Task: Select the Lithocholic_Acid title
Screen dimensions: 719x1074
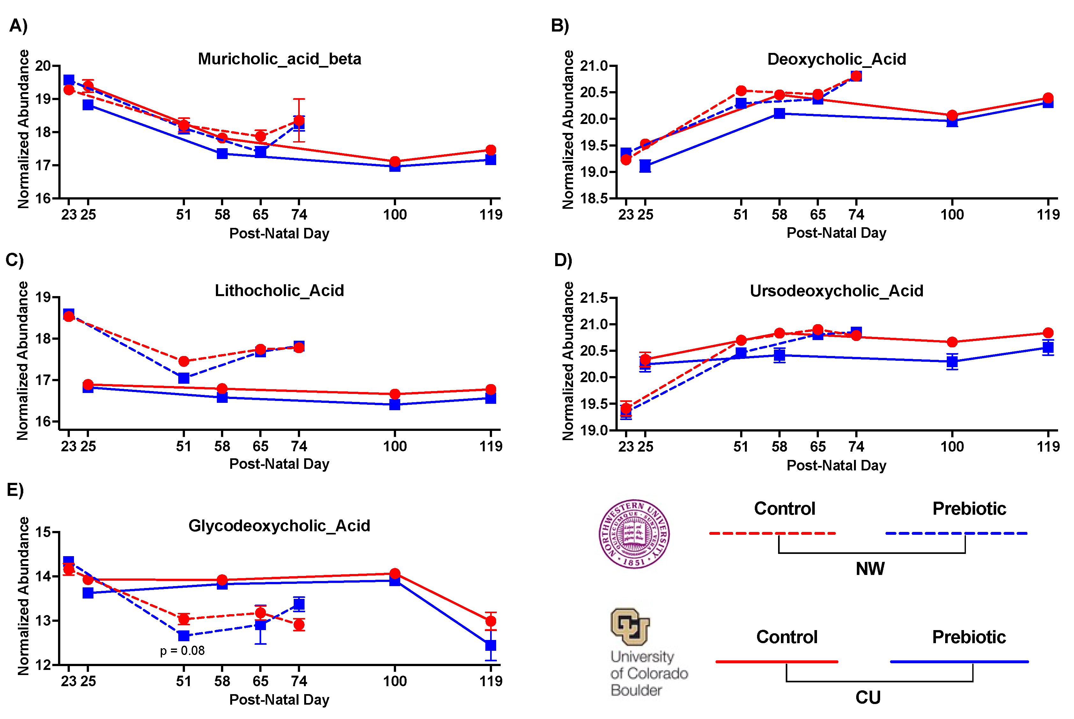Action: (279, 290)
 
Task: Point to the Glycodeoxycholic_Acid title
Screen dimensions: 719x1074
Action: (279, 526)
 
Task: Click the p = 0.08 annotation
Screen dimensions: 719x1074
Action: (182, 651)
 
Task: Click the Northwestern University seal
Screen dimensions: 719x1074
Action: (634, 534)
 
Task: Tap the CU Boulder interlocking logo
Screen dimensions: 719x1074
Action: (630, 626)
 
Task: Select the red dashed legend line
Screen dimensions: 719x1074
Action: (772, 533)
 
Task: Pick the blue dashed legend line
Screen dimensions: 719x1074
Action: (956, 533)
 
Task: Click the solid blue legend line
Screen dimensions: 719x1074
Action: (959, 662)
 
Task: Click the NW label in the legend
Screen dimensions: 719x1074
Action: (870, 569)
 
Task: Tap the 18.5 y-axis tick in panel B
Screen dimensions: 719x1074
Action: (594, 198)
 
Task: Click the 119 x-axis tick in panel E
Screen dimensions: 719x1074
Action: (490, 681)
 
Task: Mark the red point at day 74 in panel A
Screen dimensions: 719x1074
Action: (299, 120)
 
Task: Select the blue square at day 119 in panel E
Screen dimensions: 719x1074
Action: (490, 645)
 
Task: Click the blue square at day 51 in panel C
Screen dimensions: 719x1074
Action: (183, 378)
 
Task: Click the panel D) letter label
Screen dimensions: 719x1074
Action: (563, 260)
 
